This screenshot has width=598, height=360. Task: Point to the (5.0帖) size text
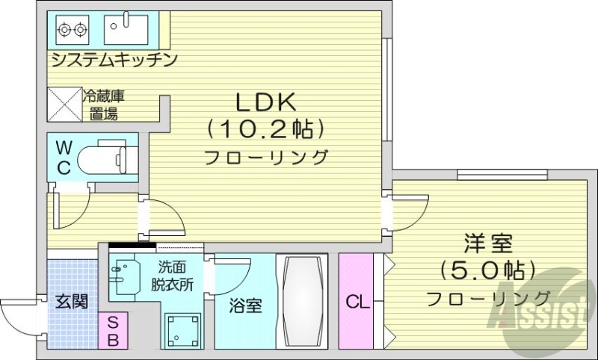click(488, 268)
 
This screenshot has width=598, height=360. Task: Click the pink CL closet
click(357, 302)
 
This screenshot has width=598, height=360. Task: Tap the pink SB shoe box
click(114, 330)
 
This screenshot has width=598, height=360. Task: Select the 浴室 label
click(245, 305)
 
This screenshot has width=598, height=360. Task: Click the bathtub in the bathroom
click(302, 301)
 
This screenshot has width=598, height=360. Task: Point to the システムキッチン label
click(114, 59)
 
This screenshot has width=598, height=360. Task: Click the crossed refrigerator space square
click(65, 105)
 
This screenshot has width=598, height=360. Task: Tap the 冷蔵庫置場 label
click(102, 105)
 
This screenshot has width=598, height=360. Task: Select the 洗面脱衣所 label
click(173, 276)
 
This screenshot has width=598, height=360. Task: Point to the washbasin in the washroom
click(123, 276)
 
